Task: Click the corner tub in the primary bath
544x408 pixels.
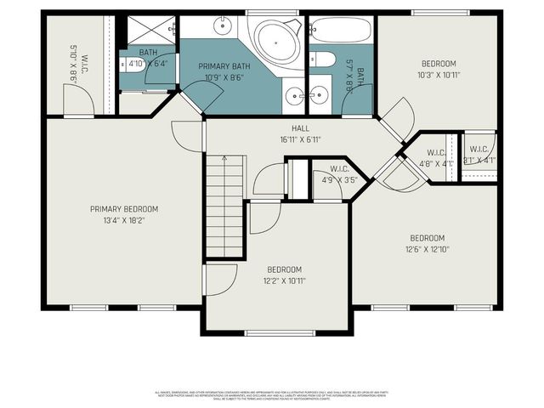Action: coord(274,39)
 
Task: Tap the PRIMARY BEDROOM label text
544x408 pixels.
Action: coord(124,209)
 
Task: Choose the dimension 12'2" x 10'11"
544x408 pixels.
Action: coord(284,280)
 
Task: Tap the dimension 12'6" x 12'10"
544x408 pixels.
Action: coord(427,249)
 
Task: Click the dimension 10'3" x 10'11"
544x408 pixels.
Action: coord(439,75)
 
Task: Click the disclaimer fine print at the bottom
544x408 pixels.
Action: coord(272,395)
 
